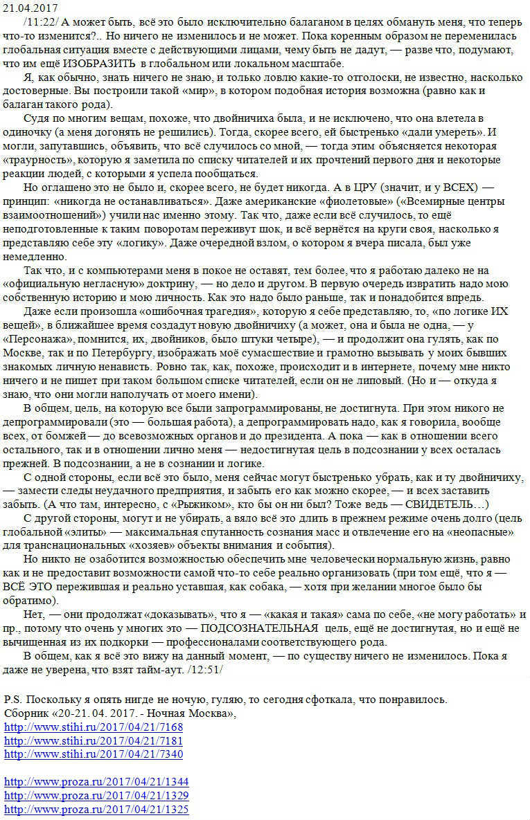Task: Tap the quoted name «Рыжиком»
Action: pyautogui.click(x=177, y=503)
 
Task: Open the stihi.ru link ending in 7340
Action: pyautogui.click(x=94, y=754)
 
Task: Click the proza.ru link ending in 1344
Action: pyautogui.click(x=96, y=782)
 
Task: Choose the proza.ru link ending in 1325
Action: pyautogui.click(x=96, y=809)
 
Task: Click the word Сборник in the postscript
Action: pyautogui.click(x=26, y=713)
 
